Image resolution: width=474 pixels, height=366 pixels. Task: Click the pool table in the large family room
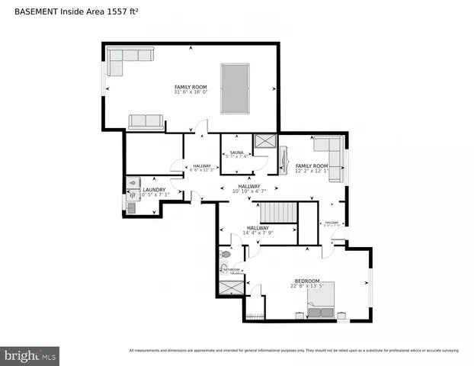[x=237, y=88]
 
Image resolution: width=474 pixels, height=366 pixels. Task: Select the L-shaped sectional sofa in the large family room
[x=128, y=57]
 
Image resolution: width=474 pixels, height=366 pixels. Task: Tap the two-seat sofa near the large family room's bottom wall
[x=146, y=122]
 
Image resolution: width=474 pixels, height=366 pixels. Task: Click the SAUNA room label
[x=236, y=152]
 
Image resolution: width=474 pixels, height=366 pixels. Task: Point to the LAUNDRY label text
[x=153, y=190]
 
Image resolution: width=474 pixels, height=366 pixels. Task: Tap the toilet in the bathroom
[x=226, y=255]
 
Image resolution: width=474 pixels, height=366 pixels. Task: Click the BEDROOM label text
[x=306, y=281]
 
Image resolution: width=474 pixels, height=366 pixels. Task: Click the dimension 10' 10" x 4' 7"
[x=248, y=191]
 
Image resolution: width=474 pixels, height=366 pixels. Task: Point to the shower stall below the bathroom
[x=230, y=288]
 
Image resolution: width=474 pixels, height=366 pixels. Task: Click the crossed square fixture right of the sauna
[x=266, y=142]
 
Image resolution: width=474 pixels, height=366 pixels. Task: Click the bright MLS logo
[x=30, y=355]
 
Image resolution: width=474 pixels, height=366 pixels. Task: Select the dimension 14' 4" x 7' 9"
[x=257, y=233]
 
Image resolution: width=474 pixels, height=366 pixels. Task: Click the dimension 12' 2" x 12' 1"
[x=312, y=171]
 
